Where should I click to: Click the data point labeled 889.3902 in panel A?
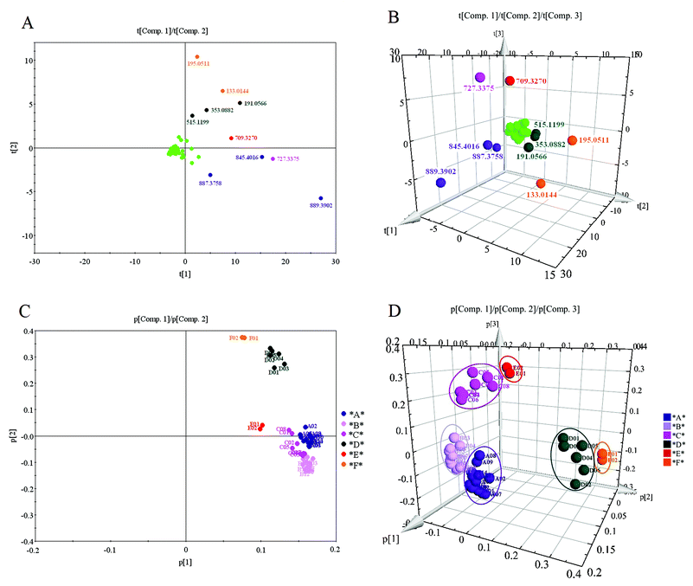321,198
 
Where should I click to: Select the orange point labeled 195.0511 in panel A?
197,57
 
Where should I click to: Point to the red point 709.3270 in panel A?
232,138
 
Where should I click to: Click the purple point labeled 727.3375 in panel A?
273,158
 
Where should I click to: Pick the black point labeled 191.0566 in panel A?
240,103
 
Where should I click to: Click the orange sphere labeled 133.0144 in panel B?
541,184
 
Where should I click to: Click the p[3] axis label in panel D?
491,324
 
